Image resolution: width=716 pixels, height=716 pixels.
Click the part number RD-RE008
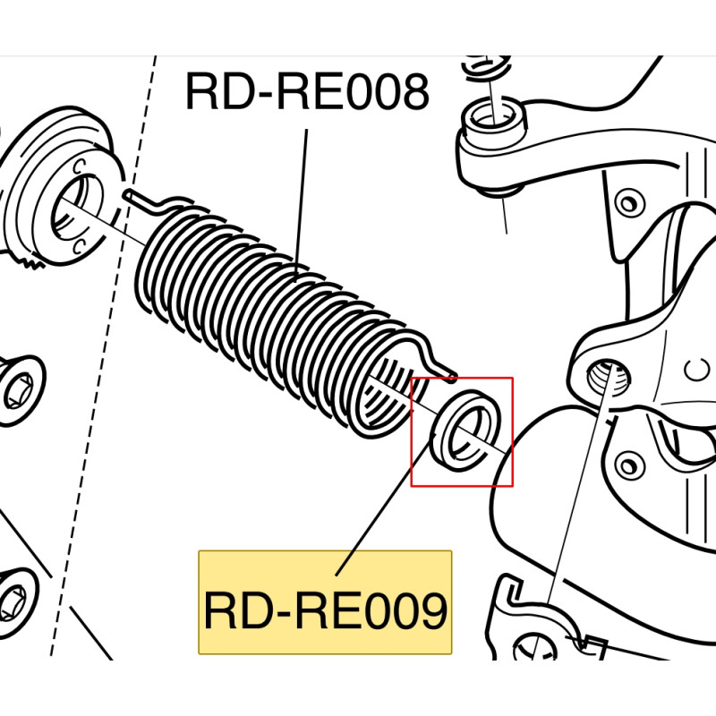307,93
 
